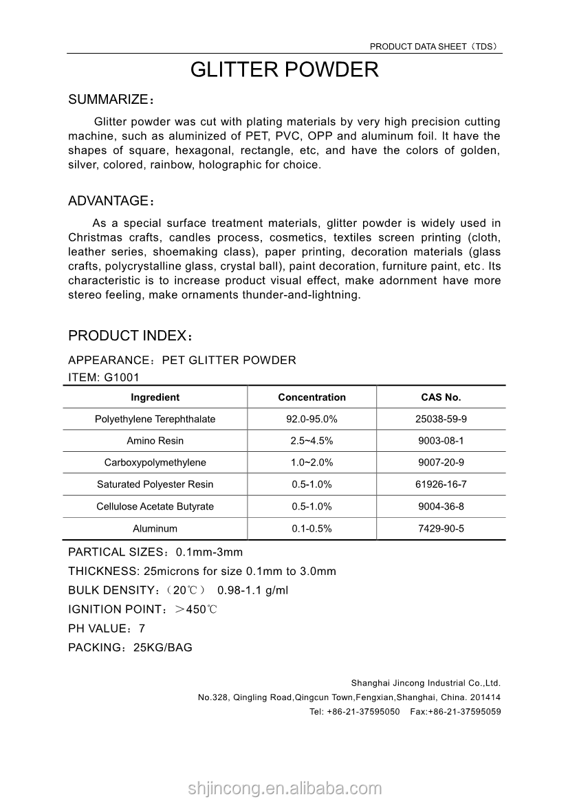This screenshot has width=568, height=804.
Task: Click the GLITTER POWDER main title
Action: point(284,70)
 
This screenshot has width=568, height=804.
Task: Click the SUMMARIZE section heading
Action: point(110,100)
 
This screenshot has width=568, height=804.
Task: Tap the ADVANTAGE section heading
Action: point(110,202)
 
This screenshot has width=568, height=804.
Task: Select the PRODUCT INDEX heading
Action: point(129,336)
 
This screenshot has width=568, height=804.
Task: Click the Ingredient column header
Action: point(155,398)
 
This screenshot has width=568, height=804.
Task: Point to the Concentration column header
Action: point(312,398)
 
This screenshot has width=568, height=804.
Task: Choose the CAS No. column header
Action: point(441,398)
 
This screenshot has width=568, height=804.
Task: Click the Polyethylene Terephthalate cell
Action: point(155,419)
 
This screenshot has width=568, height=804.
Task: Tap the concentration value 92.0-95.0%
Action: point(312,419)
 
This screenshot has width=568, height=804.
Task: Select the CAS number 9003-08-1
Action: point(441,441)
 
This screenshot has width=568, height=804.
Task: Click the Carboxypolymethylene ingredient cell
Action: point(155,463)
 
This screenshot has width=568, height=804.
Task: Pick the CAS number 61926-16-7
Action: point(441,485)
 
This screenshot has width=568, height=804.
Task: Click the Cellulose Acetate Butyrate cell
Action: point(155,507)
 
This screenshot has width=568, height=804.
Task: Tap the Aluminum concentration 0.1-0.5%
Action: point(312,529)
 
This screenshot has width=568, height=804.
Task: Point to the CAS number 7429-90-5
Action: point(441,529)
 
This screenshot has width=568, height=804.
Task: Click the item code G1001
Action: point(122,377)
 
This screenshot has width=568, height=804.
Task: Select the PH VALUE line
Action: point(107,629)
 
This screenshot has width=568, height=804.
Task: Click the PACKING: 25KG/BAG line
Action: point(130,648)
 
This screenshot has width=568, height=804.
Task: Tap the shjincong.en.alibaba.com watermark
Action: point(284,788)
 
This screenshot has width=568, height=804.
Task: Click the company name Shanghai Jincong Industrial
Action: point(426,684)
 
